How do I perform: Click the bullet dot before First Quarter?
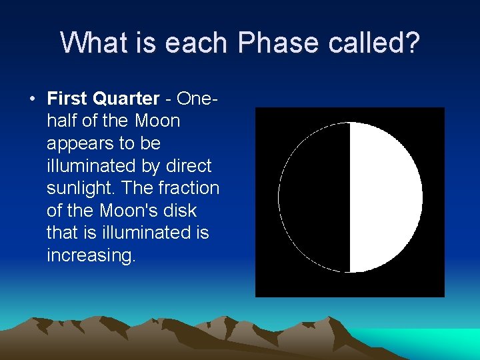pos(32,99)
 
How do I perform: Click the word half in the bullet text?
pos(62,121)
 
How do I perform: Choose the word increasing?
pos(91,256)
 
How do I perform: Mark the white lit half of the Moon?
pos(385,197)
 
